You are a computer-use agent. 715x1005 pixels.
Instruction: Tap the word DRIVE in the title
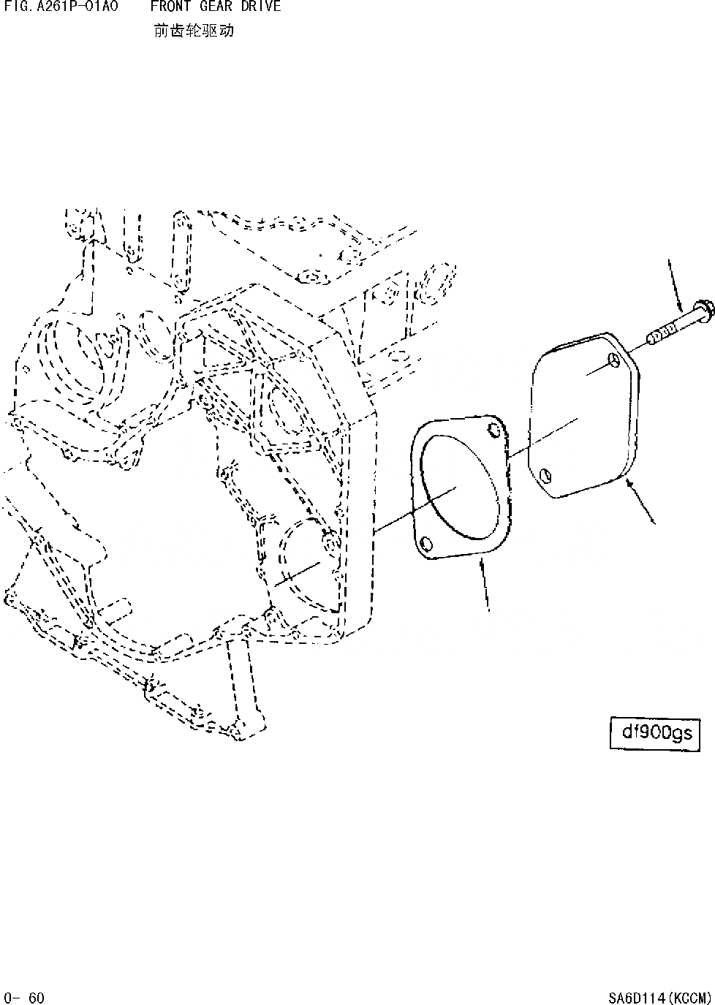click(x=261, y=7)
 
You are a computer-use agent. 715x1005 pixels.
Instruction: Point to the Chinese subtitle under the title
click(x=194, y=31)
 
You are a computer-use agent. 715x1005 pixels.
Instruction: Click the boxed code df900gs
click(x=655, y=733)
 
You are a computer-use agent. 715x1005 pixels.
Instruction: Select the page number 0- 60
click(x=24, y=998)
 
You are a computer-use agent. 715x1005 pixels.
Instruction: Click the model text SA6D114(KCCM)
click(x=659, y=998)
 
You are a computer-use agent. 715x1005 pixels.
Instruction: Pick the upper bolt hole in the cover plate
click(x=613, y=360)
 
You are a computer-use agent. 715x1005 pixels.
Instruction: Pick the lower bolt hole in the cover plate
click(x=544, y=477)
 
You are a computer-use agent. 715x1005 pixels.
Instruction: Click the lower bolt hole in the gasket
click(x=425, y=543)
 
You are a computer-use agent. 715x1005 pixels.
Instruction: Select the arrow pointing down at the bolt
click(x=676, y=284)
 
